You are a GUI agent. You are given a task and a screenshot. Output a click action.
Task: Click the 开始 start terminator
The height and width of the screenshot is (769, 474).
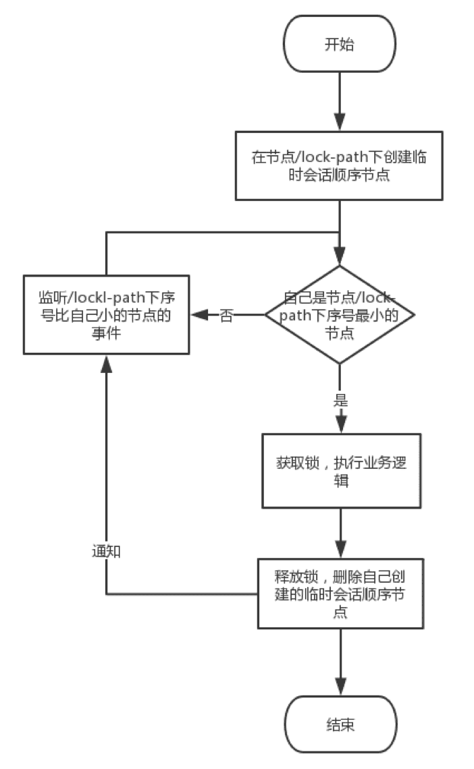click(339, 45)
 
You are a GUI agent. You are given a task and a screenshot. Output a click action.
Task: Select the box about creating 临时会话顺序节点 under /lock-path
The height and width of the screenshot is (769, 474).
click(339, 166)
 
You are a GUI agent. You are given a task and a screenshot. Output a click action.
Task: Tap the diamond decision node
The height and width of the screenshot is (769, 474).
click(339, 314)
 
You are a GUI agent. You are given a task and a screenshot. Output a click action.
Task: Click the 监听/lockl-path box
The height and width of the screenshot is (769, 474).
click(105, 314)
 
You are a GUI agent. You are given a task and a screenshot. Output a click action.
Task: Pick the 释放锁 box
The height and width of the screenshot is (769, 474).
click(340, 594)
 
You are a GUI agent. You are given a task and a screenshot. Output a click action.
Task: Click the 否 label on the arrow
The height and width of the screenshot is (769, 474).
click(227, 316)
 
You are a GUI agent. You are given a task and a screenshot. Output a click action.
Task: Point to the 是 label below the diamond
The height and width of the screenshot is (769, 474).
click(340, 400)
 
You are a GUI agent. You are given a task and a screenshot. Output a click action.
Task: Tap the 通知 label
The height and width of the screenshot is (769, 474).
click(106, 550)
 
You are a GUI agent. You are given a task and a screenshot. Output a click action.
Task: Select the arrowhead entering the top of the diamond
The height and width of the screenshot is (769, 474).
click(339, 258)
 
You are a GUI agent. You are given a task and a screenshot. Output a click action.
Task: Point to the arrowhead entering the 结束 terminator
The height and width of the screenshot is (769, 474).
click(340, 688)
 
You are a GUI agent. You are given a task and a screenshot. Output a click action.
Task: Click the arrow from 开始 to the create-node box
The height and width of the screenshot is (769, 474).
click(339, 101)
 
